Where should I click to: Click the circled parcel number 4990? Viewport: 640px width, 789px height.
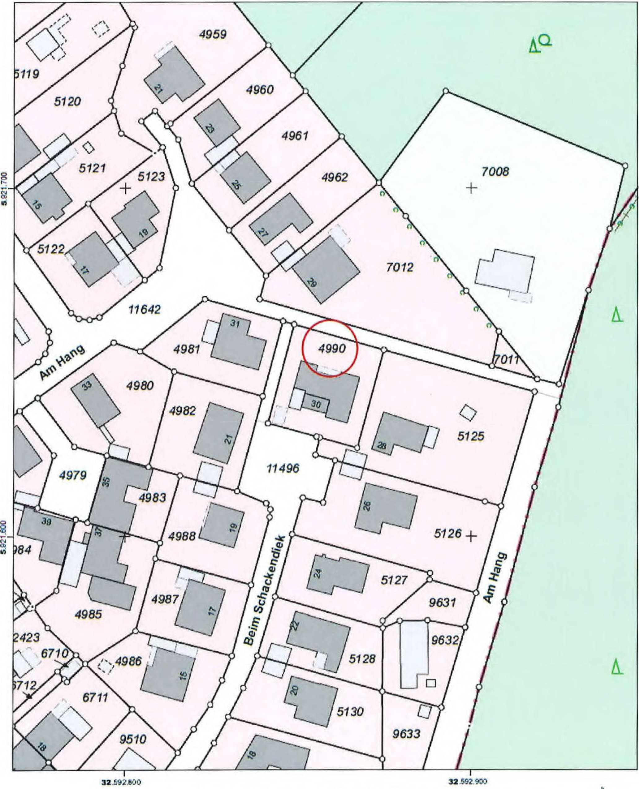click(332, 349)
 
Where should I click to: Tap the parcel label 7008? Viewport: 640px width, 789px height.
click(495, 171)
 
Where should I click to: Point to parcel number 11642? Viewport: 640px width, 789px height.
click(145, 309)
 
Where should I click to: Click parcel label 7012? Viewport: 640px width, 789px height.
click(400, 267)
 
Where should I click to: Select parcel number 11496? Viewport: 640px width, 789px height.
click(283, 468)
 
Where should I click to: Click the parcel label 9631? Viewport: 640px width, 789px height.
click(442, 602)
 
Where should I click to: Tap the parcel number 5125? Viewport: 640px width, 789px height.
click(471, 436)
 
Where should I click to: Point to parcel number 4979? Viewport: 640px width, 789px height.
click(73, 475)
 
